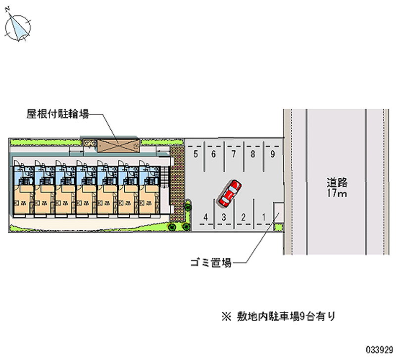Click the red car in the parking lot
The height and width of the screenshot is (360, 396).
pos(230,193)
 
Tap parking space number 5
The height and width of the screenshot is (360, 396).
pos(196,154)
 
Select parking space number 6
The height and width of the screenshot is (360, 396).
pos(214,154)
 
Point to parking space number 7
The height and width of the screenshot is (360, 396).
pos(233,154)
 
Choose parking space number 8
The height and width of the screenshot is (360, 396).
pos(252,154)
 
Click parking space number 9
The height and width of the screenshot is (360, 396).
pos(272,154)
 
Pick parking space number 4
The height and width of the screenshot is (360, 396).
pos(205,217)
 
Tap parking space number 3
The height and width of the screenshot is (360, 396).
pos(224,217)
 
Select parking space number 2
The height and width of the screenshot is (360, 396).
pos(243,217)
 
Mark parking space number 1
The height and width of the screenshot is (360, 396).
pos(263,217)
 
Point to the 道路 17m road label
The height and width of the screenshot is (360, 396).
pos(337,187)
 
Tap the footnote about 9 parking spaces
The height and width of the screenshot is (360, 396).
pos(280,315)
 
